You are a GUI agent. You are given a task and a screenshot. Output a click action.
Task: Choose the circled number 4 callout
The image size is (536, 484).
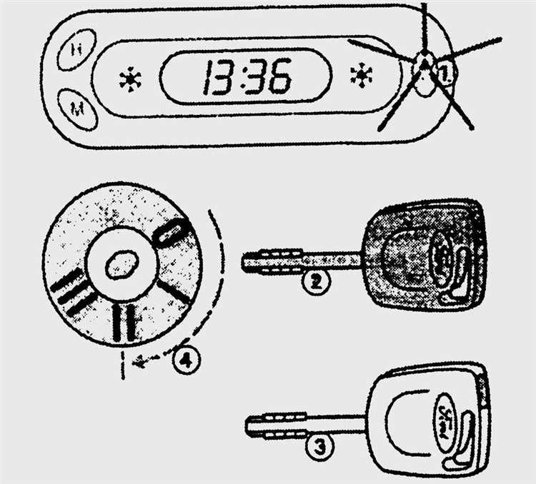[x=185, y=360]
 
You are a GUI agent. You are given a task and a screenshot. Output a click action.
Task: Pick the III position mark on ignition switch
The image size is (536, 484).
[x=69, y=292]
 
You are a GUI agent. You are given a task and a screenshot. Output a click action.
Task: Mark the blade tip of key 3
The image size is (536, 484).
[x=250, y=426]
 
